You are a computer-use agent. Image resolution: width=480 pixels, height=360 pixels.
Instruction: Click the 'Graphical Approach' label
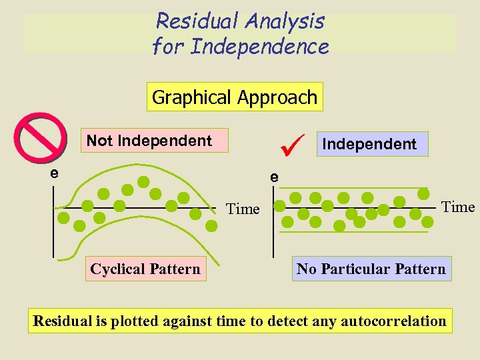point(235,97)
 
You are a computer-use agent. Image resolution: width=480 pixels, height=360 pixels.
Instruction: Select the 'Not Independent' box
point(149,141)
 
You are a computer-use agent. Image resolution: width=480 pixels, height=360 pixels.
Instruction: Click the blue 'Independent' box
point(369,143)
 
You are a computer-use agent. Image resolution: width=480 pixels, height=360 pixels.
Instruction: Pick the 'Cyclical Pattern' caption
point(145,269)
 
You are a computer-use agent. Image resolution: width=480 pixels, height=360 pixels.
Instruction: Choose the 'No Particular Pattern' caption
point(371,269)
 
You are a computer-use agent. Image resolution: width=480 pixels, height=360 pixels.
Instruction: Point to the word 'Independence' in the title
point(259,47)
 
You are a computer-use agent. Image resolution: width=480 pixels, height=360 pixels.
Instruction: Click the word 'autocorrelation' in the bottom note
point(393,321)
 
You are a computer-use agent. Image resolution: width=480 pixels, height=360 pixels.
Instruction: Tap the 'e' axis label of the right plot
point(273,178)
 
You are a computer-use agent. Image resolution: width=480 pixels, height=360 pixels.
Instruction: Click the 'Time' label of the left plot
point(243,209)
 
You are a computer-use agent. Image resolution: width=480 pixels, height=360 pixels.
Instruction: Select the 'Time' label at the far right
point(458,207)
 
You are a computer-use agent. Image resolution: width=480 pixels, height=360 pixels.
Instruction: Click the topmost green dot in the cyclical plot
point(143,181)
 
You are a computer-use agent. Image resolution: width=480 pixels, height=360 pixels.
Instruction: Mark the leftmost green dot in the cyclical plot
point(63,217)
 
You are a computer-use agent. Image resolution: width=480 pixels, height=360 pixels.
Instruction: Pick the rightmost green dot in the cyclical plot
point(211,225)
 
